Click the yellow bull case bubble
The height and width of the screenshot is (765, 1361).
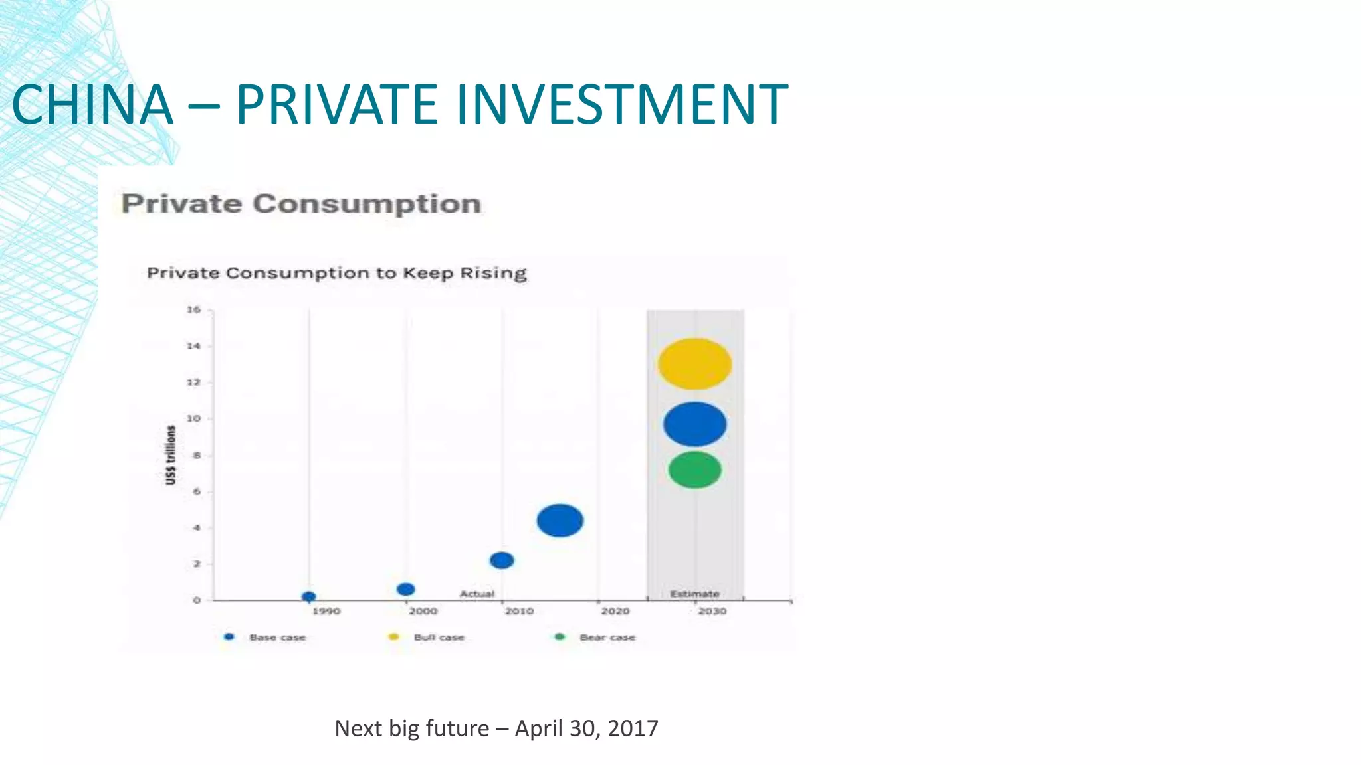(x=694, y=364)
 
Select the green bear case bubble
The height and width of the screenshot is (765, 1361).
(x=694, y=470)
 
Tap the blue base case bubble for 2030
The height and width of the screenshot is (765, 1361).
(x=694, y=424)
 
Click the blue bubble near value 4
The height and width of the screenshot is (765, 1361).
(x=560, y=520)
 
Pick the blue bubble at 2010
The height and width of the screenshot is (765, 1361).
(x=502, y=560)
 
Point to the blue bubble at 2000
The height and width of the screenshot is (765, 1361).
(x=405, y=589)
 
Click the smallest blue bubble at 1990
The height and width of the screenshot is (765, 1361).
(x=308, y=597)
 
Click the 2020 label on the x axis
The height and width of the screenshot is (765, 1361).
(x=615, y=611)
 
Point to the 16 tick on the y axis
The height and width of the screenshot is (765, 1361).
(x=193, y=310)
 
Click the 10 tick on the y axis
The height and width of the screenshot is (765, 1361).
(x=193, y=419)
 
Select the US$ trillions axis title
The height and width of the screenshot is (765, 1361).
(x=171, y=456)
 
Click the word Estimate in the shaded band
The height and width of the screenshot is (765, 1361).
(x=694, y=594)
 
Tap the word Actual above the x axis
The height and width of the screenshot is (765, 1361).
(x=477, y=594)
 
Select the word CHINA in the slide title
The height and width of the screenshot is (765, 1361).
(x=92, y=104)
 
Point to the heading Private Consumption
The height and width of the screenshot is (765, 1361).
(x=301, y=203)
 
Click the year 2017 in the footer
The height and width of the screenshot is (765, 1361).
(x=633, y=728)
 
